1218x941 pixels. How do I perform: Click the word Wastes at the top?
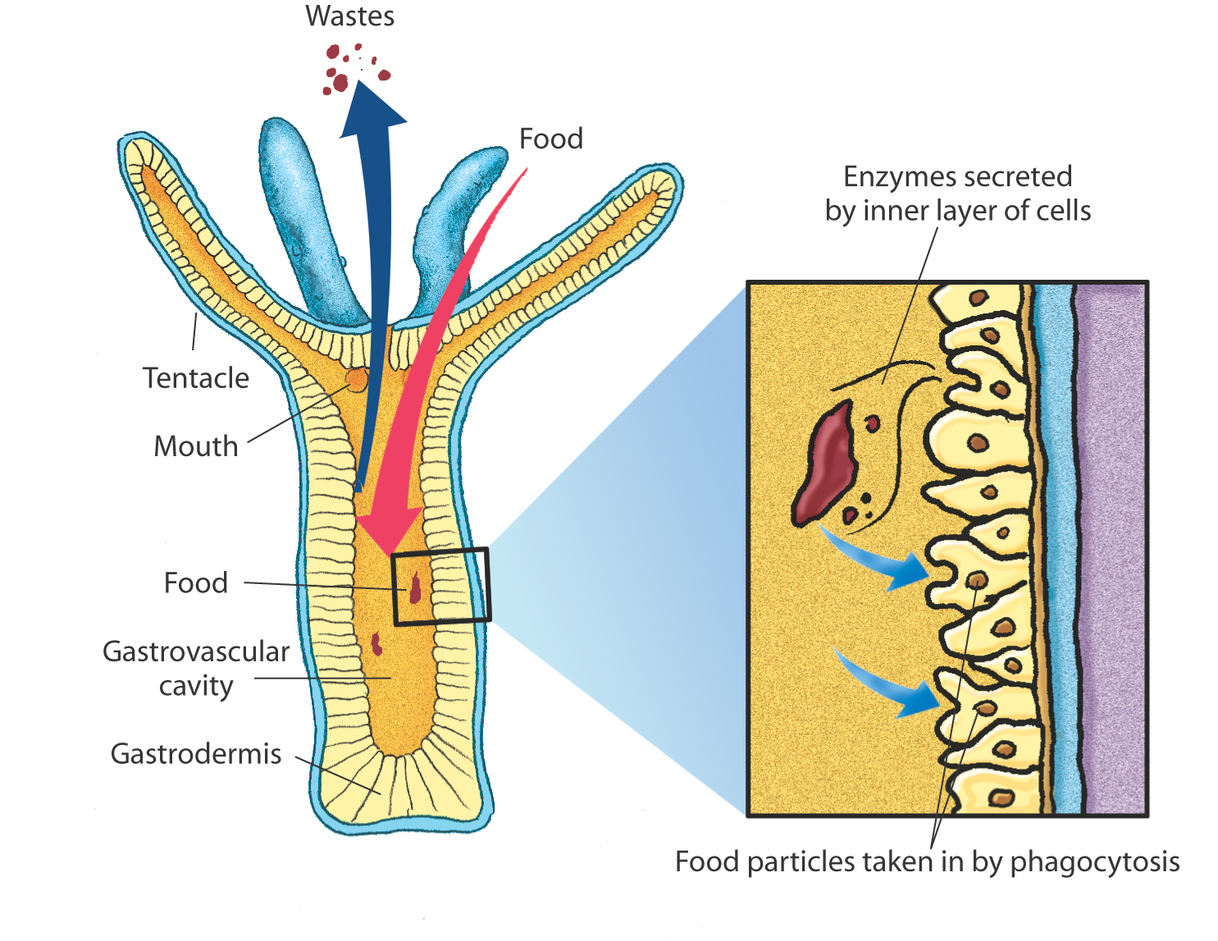coord(349,16)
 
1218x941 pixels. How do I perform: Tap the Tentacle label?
coord(195,378)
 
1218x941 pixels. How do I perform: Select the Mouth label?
coord(195,446)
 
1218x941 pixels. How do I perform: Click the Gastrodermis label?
coord(195,754)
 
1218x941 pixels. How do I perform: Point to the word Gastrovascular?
coord(195,651)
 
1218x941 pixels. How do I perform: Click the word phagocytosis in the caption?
coord(1094,862)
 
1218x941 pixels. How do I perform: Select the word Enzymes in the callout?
coord(887,177)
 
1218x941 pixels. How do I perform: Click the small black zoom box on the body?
coord(440,586)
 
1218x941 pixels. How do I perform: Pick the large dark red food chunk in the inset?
coord(825,464)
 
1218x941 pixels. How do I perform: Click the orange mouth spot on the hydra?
coord(357,379)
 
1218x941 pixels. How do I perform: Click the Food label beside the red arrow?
coord(550,139)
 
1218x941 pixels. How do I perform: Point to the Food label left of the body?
coord(195,583)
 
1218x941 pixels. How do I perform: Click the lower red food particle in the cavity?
coord(376,644)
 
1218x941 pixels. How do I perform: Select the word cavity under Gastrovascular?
coord(195,687)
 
